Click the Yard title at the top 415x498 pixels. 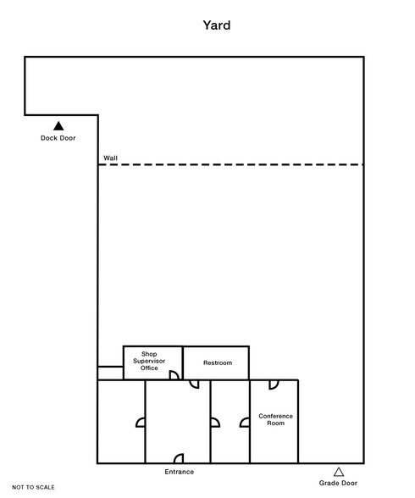216,25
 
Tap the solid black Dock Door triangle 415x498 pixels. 59,126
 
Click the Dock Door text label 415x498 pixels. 58,138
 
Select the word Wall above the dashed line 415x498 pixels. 111,158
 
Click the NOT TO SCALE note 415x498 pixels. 34,487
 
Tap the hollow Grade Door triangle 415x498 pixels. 339,472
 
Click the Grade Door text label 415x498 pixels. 339,484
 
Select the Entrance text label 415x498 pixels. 179,472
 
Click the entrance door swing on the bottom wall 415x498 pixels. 179,459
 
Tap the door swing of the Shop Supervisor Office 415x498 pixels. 173,374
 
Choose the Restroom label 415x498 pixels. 217,362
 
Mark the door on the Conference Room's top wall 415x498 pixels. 274,385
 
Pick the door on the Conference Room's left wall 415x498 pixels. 245,421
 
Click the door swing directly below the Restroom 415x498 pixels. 194,385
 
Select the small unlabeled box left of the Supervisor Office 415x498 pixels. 110,373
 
